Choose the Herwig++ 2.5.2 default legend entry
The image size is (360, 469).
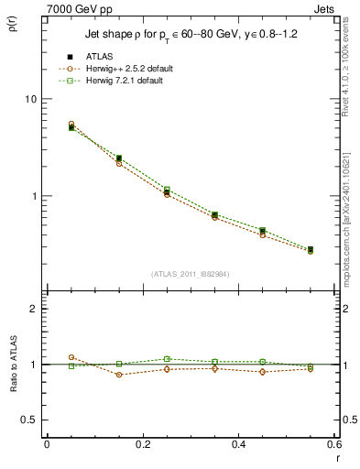tap(123, 69)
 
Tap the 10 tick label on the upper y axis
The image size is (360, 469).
tap(29, 99)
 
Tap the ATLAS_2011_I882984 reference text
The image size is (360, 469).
tap(190, 274)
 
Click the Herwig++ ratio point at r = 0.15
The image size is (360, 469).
tap(119, 375)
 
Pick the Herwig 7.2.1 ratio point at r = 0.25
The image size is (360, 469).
tap(167, 359)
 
